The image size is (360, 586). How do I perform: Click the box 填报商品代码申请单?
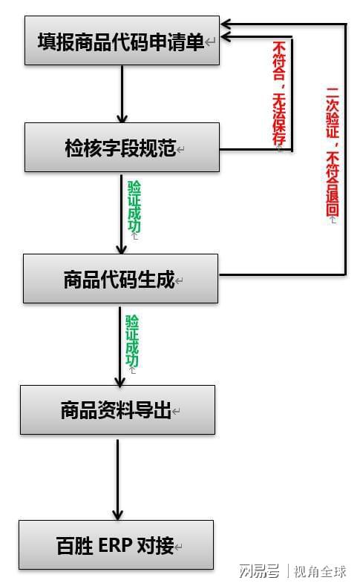[x=121, y=41]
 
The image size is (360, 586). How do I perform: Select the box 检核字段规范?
[x=121, y=148]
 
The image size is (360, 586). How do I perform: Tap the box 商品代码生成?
[x=120, y=279]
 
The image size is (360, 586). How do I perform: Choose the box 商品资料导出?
[x=117, y=409]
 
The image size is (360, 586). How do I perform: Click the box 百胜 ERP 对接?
[x=116, y=545]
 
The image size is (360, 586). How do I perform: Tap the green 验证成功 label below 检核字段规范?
[x=134, y=207]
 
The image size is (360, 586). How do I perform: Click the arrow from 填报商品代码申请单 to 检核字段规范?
[x=122, y=93]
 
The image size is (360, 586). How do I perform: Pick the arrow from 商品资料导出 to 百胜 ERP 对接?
[x=117, y=478]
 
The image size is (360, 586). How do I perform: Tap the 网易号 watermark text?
[x=259, y=571]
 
